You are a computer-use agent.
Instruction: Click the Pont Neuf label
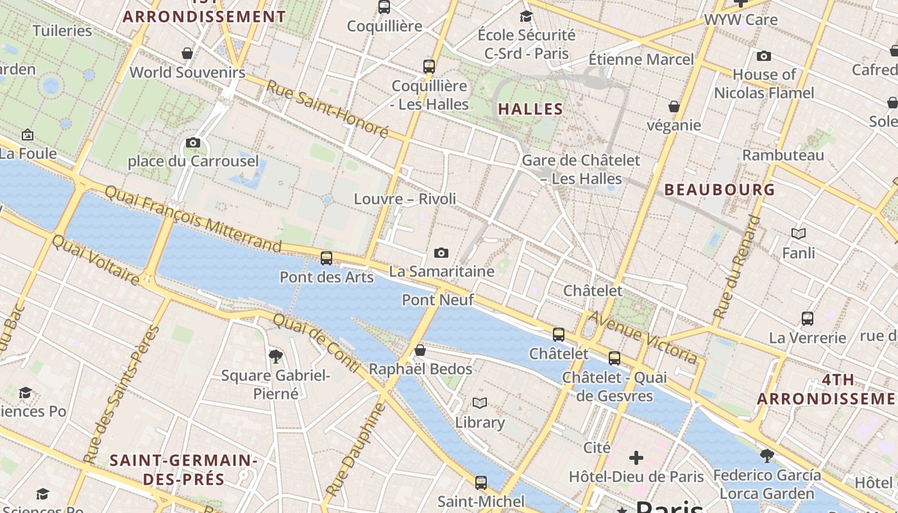tap(438, 299)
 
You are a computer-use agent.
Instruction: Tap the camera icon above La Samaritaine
tap(441, 253)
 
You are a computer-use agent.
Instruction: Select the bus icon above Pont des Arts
tap(326, 258)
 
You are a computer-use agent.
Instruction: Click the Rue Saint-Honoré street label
tap(327, 109)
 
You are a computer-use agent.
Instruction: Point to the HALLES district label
tap(530, 109)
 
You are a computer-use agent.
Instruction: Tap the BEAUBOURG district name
tap(720, 190)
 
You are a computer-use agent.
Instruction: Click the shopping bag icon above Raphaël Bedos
tap(420, 350)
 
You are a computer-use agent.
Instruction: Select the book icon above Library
tap(480, 403)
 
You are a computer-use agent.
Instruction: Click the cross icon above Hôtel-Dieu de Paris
tap(636, 458)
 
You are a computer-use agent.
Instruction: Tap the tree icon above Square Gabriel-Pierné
tap(276, 356)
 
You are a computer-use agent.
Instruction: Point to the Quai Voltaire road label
tap(95, 260)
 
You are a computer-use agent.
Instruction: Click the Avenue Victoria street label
tap(643, 337)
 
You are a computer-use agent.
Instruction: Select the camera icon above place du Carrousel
tap(192, 142)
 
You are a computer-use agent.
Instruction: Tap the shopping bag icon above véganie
tap(674, 106)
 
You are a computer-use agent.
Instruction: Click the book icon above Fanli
tap(799, 234)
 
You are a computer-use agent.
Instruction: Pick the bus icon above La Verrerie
tap(808, 318)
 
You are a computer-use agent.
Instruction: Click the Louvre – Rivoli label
tap(405, 199)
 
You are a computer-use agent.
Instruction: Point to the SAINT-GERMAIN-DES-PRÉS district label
tap(183, 469)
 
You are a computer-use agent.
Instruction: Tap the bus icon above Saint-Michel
tap(481, 482)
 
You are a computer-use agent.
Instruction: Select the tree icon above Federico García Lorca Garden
tap(767, 456)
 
